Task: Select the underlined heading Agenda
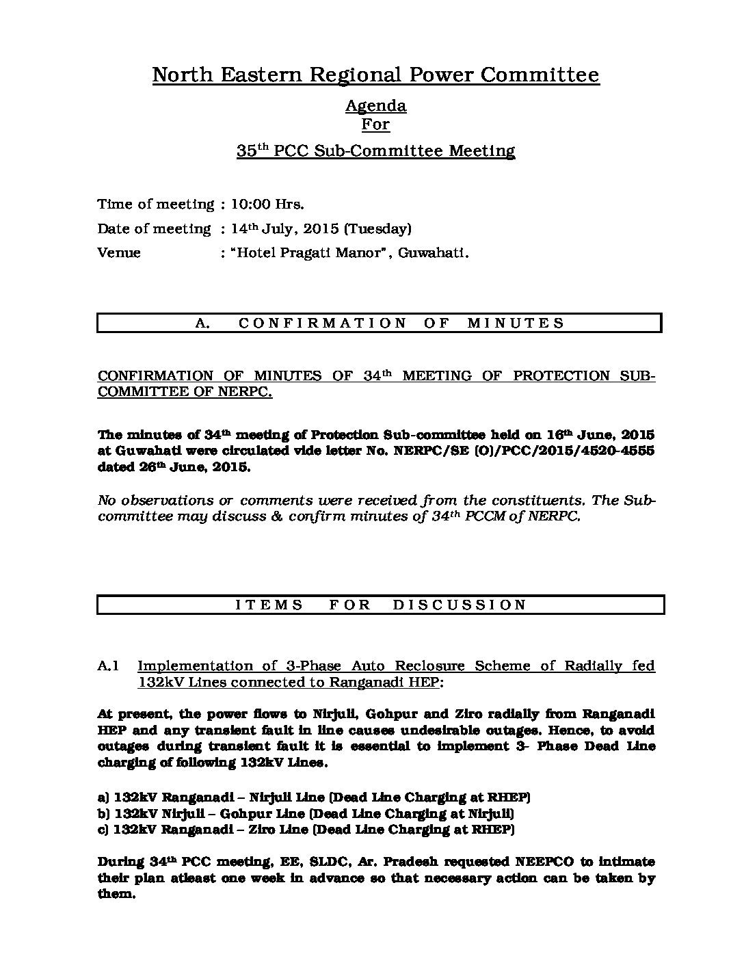375,106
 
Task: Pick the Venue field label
119,252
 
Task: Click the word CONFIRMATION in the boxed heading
323,323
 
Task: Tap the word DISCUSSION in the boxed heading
460,604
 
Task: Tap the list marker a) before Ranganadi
104,797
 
